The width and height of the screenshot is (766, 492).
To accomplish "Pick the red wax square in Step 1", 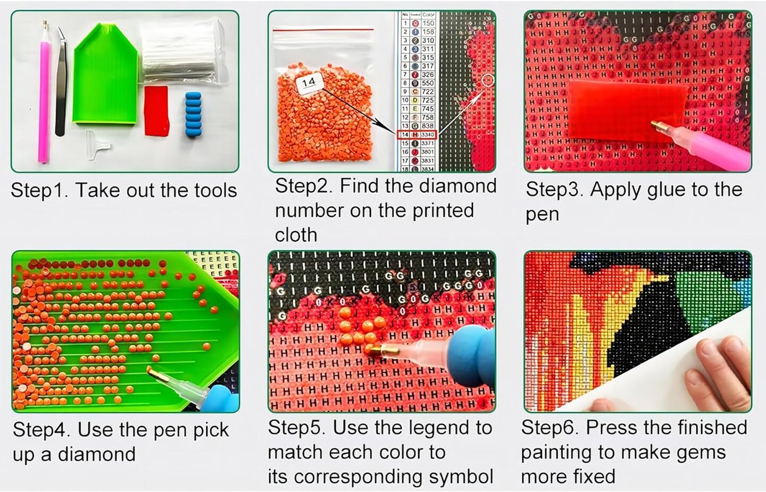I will pyautogui.click(x=156, y=111).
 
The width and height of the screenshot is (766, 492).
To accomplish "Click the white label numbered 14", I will pyautogui.click(x=309, y=83).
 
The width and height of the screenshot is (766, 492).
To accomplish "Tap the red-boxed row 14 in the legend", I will pyautogui.click(x=417, y=135).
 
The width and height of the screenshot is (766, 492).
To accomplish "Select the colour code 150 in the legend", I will pyautogui.click(x=428, y=23).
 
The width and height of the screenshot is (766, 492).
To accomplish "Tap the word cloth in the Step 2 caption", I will pyautogui.click(x=296, y=235).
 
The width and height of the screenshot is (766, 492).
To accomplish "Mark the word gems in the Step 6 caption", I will pyautogui.click(x=701, y=452).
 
